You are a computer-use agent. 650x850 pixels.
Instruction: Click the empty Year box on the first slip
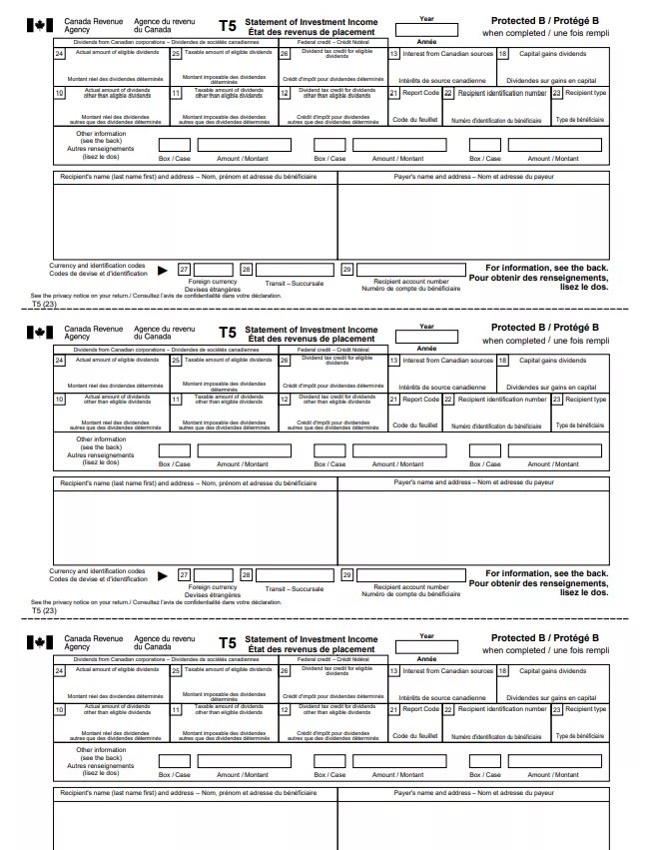click(x=426, y=32)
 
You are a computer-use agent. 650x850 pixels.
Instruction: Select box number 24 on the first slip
click(x=60, y=54)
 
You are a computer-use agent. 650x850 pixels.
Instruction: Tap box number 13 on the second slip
click(x=393, y=361)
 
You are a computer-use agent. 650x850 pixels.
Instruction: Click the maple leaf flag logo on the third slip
click(x=37, y=641)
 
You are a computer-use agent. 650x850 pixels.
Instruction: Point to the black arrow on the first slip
click(x=163, y=270)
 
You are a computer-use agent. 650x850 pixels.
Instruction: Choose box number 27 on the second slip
click(x=184, y=574)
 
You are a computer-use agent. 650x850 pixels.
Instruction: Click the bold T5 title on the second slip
click(x=227, y=334)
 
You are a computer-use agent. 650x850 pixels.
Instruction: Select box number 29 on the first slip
click(x=346, y=270)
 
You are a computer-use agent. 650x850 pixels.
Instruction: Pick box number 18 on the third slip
click(x=502, y=671)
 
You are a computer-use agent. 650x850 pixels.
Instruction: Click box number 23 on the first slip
click(x=556, y=93)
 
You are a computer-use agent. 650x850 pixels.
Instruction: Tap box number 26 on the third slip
click(x=284, y=671)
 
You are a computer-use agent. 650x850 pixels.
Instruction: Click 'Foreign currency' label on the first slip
click(x=213, y=282)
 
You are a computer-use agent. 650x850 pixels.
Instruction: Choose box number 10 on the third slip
click(x=60, y=709)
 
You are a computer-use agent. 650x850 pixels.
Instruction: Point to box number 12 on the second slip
click(x=284, y=400)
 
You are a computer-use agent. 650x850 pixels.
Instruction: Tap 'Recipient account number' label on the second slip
click(x=410, y=587)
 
